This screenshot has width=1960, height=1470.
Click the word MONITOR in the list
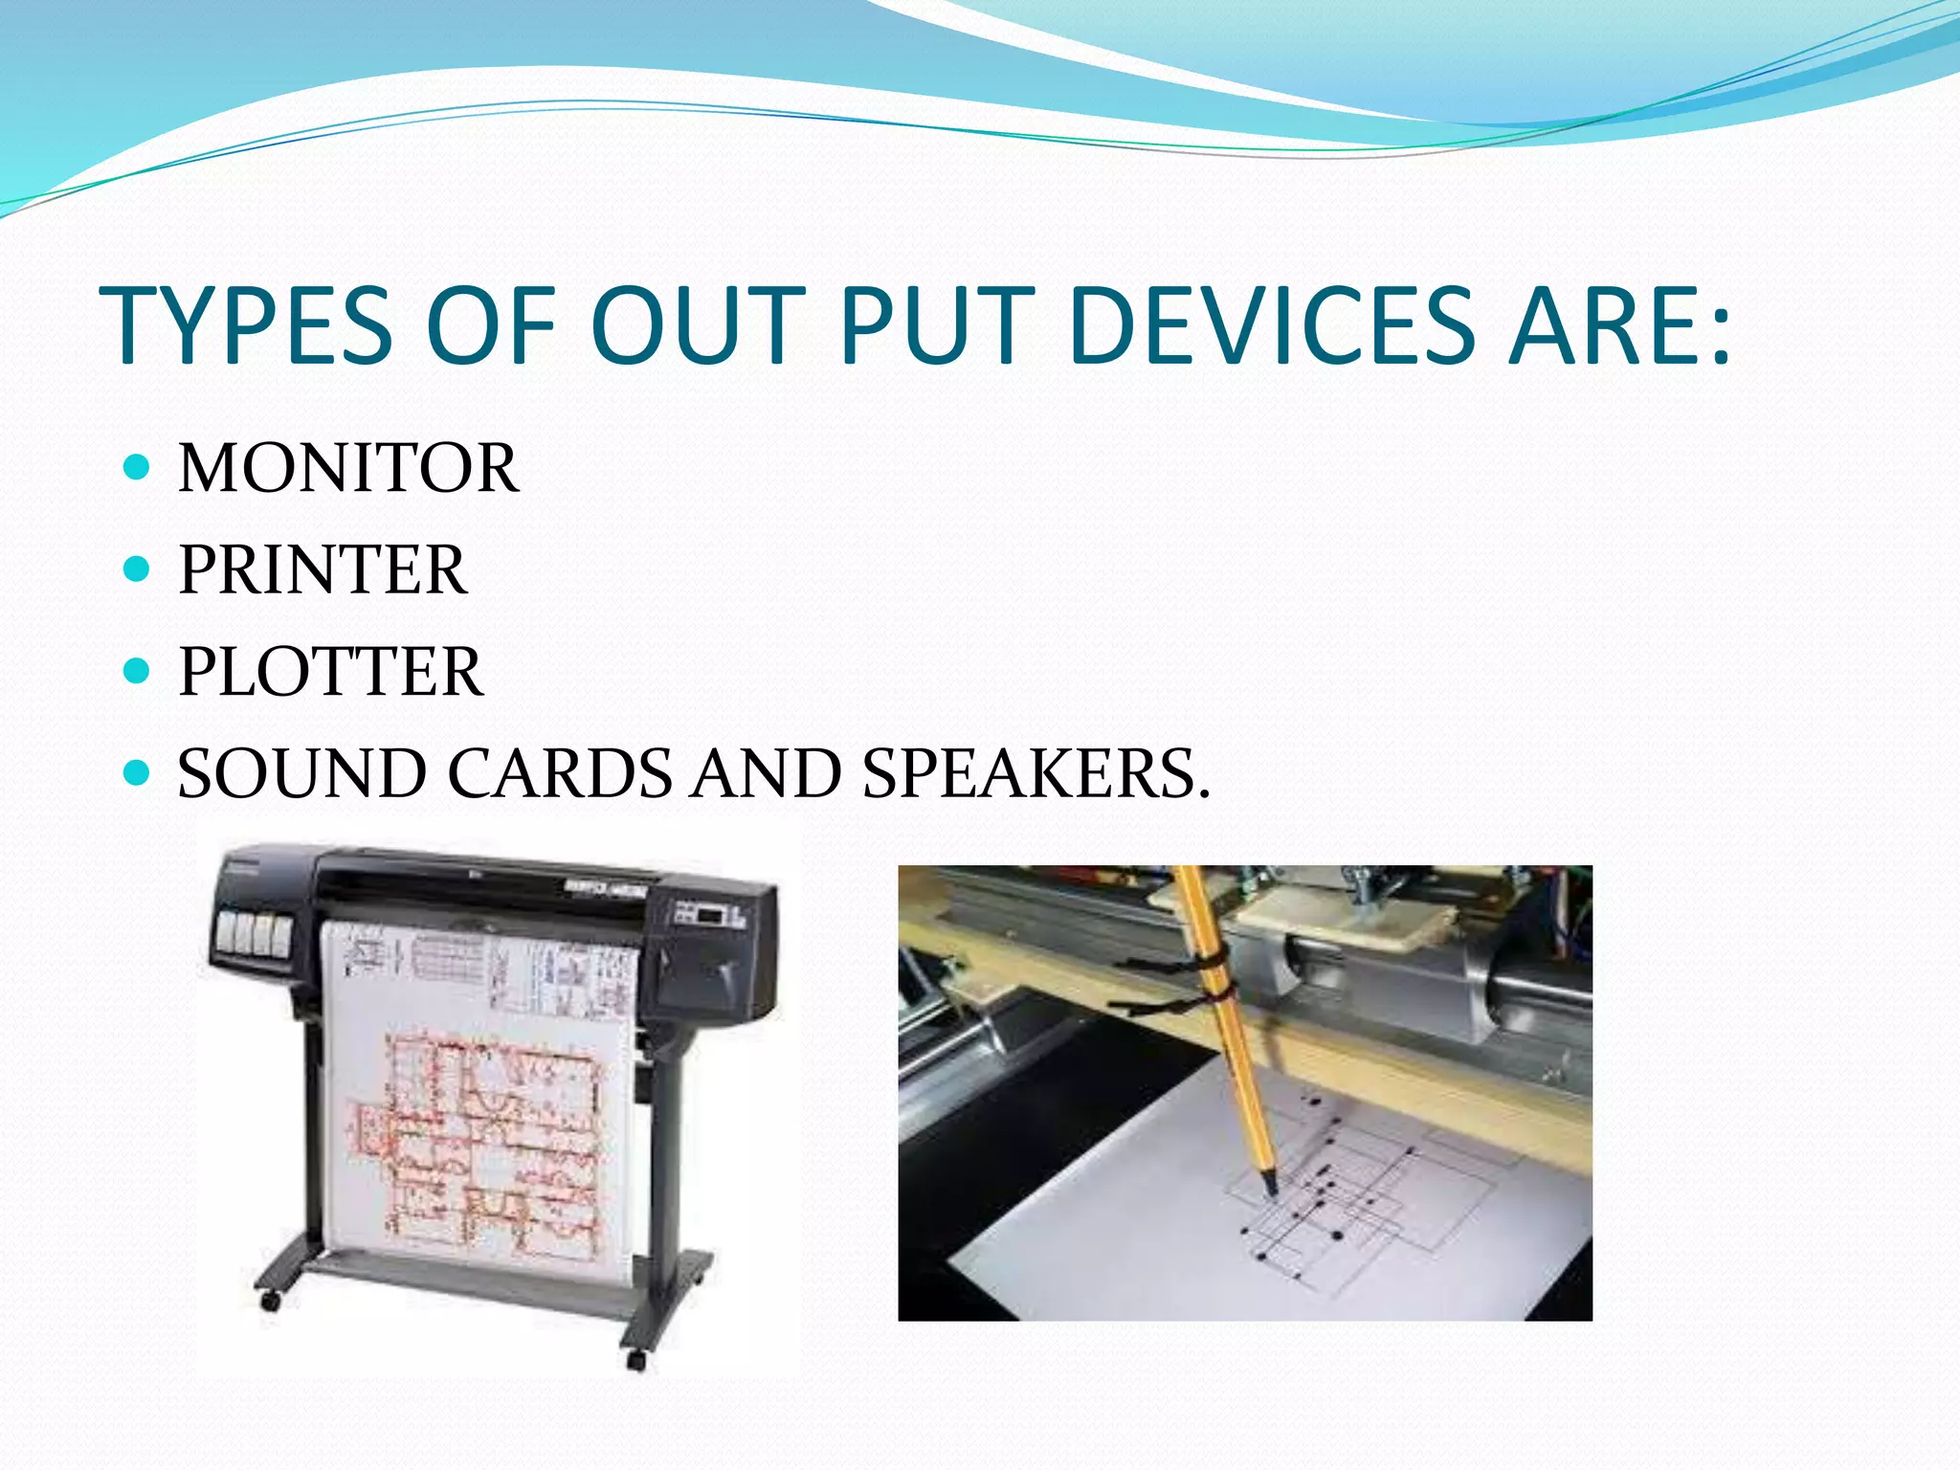pos(348,468)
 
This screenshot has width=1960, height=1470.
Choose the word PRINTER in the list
pos(323,570)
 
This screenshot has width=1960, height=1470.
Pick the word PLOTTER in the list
pos(331,672)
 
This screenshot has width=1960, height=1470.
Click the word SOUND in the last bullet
pos(302,773)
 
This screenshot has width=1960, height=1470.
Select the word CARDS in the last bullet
pos(561,773)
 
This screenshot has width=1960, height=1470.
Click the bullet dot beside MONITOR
pos(138,467)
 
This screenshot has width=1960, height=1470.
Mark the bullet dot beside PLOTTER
pos(138,671)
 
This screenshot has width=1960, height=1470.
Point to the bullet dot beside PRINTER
pos(138,569)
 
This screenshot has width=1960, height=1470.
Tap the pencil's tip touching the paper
pos(1272,1190)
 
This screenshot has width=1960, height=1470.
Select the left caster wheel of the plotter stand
pos(271,1302)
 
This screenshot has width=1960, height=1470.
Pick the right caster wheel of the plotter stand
pos(635,1359)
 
